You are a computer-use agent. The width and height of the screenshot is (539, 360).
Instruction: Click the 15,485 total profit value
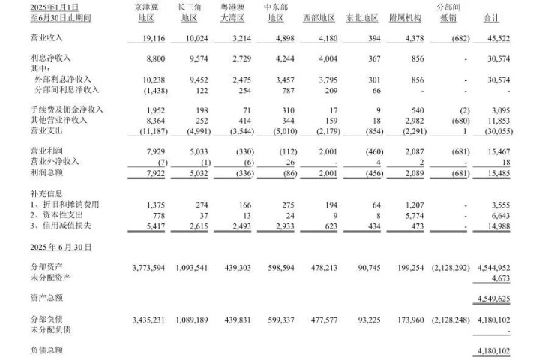tap(516, 172)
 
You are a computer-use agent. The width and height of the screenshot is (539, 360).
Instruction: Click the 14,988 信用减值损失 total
tap(516, 226)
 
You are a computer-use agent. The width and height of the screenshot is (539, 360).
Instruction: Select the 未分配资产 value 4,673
tap(521, 278)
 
